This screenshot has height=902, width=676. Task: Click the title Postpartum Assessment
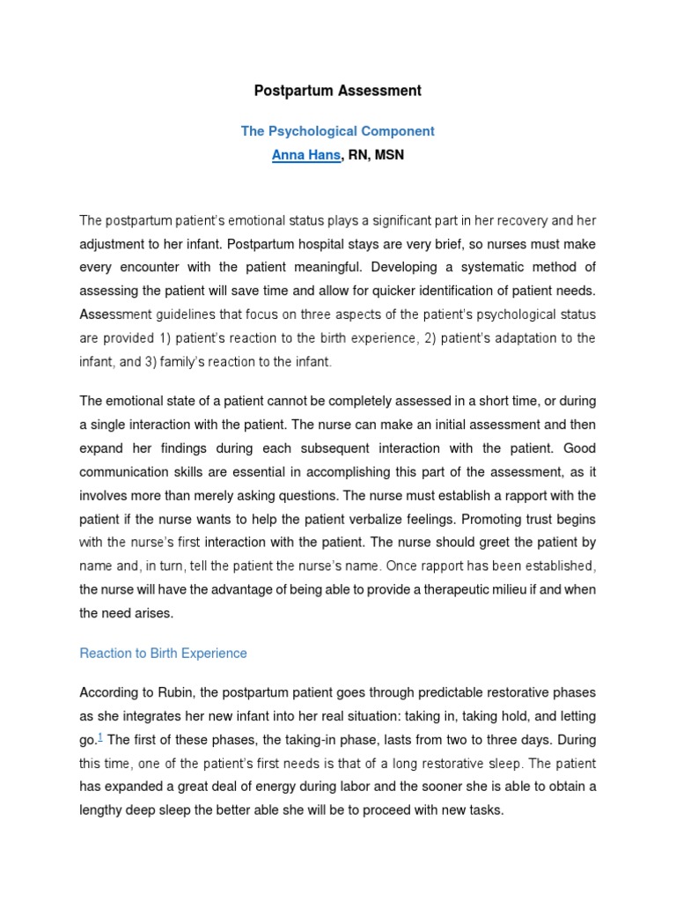[338, 91]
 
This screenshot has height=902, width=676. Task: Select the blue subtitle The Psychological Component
[338, 131]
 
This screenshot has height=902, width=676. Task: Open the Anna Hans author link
[305, 156]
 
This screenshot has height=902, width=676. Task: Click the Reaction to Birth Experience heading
[163, 654]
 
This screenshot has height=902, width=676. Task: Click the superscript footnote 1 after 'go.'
[102, 736]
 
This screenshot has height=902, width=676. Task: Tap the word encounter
[144, 267]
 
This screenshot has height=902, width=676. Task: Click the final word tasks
[486, 810]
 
